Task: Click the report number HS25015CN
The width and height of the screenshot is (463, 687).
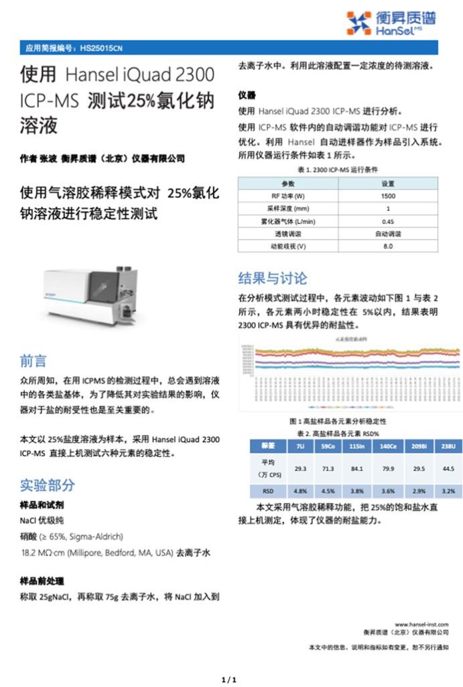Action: [x=101, y=48]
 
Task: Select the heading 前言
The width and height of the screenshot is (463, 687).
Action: [x=34, y=361]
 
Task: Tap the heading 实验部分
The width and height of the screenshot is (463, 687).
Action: [x=48, y=485]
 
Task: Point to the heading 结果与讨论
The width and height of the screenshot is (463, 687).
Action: [x=272, y=278]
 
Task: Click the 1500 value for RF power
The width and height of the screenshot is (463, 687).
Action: [x=388, y=196]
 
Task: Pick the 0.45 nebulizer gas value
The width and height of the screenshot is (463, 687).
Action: [x=388, y=221]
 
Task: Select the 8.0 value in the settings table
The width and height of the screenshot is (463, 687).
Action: [x=388, y=246]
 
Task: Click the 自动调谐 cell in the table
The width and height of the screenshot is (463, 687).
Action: [x=388, y=234]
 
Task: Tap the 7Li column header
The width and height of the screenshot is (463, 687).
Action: [x=300, y=445]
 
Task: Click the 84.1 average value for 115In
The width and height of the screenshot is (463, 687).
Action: [x=357, y=468]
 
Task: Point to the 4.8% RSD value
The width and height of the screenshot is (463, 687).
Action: [x=300, y=490]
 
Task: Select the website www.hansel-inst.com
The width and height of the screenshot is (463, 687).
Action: [x=421, y=624]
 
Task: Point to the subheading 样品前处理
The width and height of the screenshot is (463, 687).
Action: [x=42, y=580]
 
